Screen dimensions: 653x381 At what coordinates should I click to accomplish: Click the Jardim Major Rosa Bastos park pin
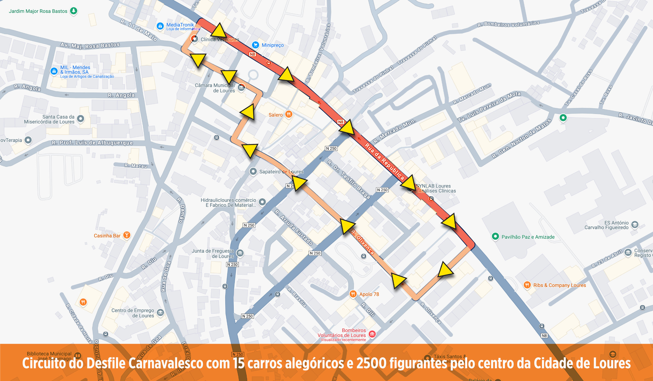tap(73, 11)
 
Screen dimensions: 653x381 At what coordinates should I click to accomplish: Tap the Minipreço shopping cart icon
tap(255, 45)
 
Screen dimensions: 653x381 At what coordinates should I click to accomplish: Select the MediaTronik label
tap(180, 25)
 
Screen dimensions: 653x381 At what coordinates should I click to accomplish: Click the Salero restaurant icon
tap(289, 114)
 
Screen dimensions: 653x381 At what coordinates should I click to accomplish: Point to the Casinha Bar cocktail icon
tap(127, 235)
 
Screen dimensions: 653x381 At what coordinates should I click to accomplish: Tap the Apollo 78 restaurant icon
tap(353, 294)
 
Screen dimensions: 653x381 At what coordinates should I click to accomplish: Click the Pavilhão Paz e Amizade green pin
tap(495, 236)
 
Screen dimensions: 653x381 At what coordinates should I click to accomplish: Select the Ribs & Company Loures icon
tap(527, 285)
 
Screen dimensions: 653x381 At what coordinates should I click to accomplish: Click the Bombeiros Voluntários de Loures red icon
tap(372, 334)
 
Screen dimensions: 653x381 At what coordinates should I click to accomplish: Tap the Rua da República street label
tap(384, 161)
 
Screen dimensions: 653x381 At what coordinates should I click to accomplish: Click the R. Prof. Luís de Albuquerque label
tap(92, 143)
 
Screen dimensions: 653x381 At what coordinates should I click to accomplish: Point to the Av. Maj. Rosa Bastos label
tap(90, 45)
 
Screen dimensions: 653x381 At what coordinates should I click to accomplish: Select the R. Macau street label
tap(135, 166)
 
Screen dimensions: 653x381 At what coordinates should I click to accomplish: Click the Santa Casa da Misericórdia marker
tap(81, 119)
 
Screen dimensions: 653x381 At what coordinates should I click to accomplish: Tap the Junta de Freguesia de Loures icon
tap(240, 253)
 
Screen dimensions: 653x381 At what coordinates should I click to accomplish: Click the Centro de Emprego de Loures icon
tap(160, 312)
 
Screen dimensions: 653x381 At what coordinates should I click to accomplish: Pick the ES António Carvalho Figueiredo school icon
tap(635, 224)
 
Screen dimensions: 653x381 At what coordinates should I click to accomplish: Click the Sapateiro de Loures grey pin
tap(253, 171)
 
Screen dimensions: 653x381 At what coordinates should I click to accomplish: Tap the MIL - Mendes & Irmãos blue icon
tap(54, 71)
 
